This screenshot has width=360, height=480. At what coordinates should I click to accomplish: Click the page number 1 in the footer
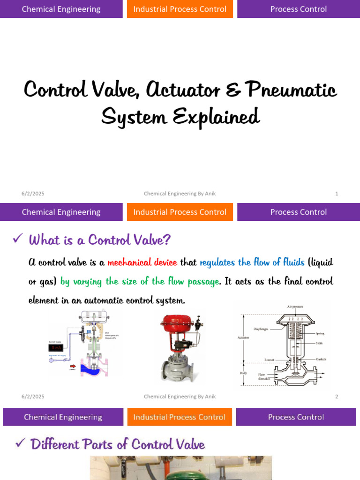click(x=337, y=194)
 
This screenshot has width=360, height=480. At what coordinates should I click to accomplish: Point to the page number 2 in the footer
click(x=337, y=397)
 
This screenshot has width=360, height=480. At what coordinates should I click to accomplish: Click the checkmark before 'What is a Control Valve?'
click(x=18, y=239)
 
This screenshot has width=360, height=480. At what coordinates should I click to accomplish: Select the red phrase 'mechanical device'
click(x=142, y=262)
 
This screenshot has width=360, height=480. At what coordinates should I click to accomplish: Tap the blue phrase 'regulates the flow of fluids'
click(x=252, y=262)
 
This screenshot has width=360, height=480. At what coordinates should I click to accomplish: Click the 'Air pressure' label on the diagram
click(x=295, y=307)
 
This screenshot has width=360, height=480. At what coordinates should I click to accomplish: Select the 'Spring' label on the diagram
click(x=320, y=333)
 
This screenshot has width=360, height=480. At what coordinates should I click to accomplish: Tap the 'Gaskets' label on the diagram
click(x=321, y=360)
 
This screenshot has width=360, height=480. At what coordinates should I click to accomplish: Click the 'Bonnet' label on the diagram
click(x=269, y=360)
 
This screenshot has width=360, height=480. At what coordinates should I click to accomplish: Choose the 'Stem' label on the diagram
click(x=319, y=343)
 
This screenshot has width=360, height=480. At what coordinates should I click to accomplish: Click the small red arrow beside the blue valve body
click(x=73, y=367)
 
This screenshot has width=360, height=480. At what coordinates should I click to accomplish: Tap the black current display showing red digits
click(x=56, y=348)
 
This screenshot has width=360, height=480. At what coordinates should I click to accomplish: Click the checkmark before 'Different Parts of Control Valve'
click(x=20, y=443)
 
